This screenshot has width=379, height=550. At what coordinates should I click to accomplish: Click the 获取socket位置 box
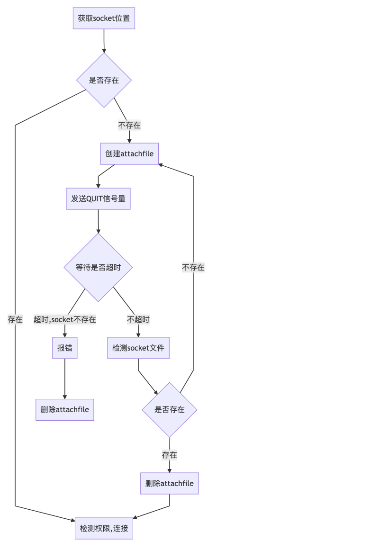click(104, 18)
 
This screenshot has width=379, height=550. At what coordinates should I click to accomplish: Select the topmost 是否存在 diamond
click(104, 80)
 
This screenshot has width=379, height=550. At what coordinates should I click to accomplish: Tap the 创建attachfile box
click(129, 153)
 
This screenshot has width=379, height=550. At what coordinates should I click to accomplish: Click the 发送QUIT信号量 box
click(98, 198)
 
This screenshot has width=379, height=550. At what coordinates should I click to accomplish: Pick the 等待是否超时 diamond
click(98, 267)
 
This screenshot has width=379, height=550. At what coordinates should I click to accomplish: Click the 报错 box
click(64, 348)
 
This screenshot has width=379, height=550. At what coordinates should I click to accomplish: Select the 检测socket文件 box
click(138, 348)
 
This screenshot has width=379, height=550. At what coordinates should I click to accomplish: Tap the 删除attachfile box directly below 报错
click(64, 409)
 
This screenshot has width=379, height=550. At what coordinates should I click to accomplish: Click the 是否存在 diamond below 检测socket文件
click(169, 409)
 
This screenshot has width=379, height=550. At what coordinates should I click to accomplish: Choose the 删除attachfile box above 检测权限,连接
click(169, 483)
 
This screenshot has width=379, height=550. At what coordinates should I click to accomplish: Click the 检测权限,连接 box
click(104, 528)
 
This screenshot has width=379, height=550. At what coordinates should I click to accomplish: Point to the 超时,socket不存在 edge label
click(64, 319)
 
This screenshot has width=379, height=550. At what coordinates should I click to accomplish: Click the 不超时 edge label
click(138, 319)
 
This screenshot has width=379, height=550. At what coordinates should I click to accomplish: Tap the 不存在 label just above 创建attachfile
click(129, 125)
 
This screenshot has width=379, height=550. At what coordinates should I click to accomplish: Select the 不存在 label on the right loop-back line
click(193, 267)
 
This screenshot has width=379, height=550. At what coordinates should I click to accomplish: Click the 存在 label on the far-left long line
click(15, 319)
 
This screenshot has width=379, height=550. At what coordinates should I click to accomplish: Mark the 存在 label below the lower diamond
click(169, 455)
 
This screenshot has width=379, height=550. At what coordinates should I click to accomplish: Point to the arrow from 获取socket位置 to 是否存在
click(104, 41)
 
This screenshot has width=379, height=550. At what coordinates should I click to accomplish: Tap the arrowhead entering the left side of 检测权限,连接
click(72, 520)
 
